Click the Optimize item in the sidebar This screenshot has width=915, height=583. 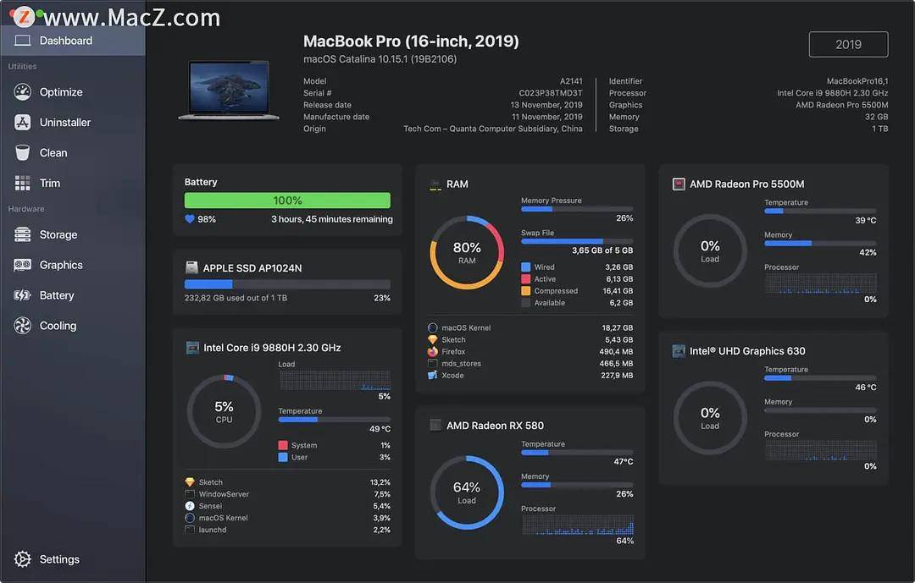tap(61, 92)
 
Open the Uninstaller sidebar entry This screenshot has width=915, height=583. tap(64, 123)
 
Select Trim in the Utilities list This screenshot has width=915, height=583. tap(49, 184)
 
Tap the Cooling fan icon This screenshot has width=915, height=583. tap(23, 326)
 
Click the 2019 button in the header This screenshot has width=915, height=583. tap(848, 45)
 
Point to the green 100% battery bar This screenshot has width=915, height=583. tap(287, 201)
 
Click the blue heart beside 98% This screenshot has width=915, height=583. tap(190, 219)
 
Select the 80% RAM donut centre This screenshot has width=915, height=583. tap(467, 252)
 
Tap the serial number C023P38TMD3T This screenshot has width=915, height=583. tap(551, 93)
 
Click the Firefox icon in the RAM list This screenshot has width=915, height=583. tap(433, 351)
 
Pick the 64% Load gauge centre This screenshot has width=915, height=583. tap(467, 492)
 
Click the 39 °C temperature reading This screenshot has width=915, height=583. tap(865, 221)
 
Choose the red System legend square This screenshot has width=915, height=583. tap(283, 445)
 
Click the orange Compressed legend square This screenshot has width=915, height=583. tap(526, 291)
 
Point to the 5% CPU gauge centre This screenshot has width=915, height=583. tap(224, 411)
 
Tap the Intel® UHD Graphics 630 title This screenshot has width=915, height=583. tap(747, 351)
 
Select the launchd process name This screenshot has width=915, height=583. tap(212, 530)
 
